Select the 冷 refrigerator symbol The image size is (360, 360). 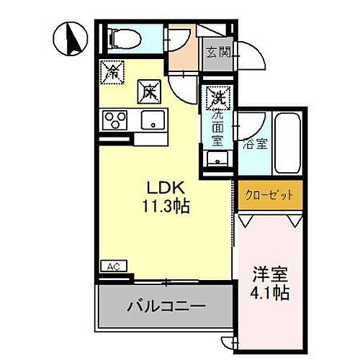click(112, 72)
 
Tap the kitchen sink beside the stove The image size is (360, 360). click(153, 120)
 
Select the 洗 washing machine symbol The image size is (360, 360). click(217, 94)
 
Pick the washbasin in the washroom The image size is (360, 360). click(217, 160)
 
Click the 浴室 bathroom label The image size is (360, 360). click(256, 143)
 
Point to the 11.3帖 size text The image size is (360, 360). click(165, 207)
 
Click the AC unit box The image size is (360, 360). click(113, 266)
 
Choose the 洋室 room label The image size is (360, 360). click(268, 276)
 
